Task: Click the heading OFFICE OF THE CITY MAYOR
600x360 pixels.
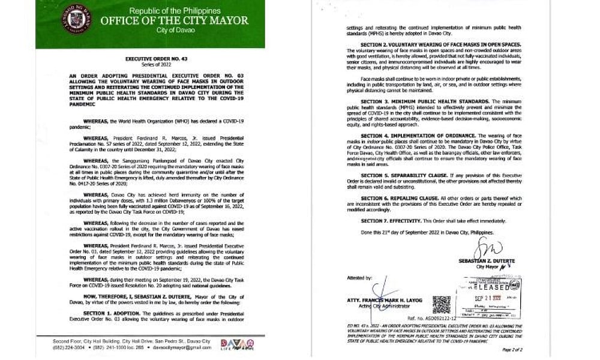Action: point(174,20)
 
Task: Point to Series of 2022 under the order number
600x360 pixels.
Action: point(150,65)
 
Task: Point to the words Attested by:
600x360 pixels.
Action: point(360,278)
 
